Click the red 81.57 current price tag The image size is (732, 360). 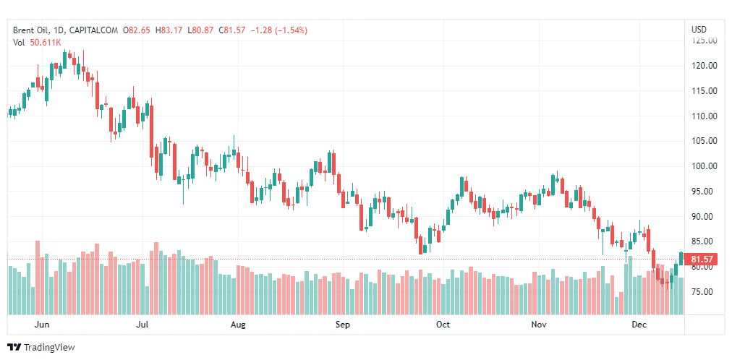click(x=703, y=260)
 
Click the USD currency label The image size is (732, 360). click(x=699, y=30)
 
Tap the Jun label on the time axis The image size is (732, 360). click(x=42, y=325)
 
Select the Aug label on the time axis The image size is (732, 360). click(x=238, y=325)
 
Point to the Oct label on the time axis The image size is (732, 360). click(x=443, y=325)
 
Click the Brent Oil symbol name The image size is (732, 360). click(x=31, y=30)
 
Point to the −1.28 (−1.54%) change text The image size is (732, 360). click(x=278, y=30)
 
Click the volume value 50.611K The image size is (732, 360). click(x=46, y=43)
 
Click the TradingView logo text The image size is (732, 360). click(x=49, y=348)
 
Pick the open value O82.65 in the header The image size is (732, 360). click(x=137, y=30)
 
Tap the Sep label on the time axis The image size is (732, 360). click(x=343, y=325)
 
